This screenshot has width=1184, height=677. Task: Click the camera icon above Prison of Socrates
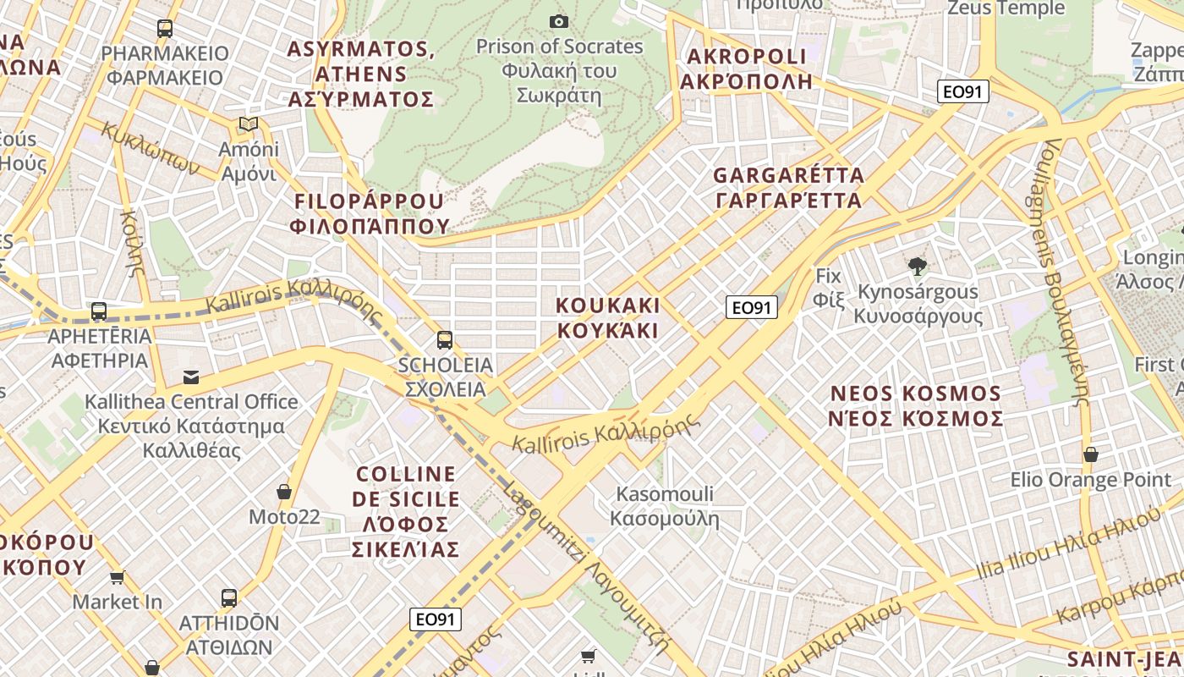tap(558, 21)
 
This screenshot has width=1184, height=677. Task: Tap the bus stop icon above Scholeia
tap(445, 340)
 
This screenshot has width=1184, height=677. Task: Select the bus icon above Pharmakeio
tap(165, 29)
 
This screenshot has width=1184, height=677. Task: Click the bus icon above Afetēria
tap(99, 311)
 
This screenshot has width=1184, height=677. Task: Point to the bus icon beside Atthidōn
tap(228, 598)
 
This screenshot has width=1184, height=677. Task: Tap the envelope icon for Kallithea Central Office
tap(191, 377)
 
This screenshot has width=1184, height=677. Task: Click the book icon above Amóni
tap(248, 124)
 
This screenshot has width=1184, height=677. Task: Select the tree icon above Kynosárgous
tap(917, 267)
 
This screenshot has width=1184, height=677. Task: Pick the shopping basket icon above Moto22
tap(284, 492)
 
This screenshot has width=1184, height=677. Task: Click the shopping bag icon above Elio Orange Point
tap(1091, 454)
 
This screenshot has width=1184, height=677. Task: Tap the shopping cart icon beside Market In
tap(117, 577)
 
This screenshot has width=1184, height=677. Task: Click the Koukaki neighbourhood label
tap(607, 317)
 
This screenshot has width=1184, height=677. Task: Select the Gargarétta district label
tap(788, 188)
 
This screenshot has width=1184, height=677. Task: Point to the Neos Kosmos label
tap(916, 406)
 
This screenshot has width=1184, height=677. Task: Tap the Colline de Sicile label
tap(406, 511)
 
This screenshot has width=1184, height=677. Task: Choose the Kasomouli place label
tap(665, 505)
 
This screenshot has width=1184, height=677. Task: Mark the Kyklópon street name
tap(151, 147)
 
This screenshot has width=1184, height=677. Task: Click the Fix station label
tap(829, 287)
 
